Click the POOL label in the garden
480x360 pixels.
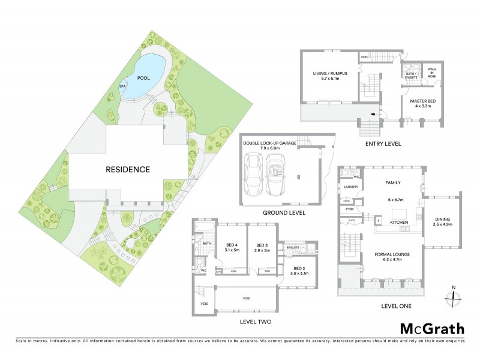tap(143, 77)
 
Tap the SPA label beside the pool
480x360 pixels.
tap(122, 86)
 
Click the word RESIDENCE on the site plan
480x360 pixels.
tap(128, 169)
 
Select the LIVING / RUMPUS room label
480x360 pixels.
tap(330, 75)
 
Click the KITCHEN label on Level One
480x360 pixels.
tap(399, 222)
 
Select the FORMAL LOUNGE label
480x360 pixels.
tap(392, 255)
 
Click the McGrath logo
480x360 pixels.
tap(432, 328)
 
